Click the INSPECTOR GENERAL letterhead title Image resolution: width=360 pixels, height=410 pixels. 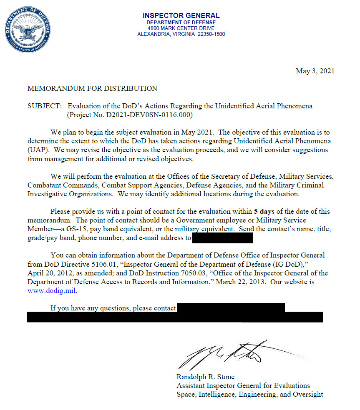click(181, 16)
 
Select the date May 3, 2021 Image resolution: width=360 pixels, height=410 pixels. click(315, 71)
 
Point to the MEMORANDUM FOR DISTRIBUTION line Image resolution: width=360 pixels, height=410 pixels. click(92, 88)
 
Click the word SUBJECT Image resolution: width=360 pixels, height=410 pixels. click(44, 106)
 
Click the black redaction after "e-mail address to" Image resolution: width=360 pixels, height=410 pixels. click(223, 238)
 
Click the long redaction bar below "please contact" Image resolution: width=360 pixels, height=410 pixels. click(175, 317)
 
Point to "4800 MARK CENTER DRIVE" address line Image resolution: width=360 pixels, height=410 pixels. click(181, 28)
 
